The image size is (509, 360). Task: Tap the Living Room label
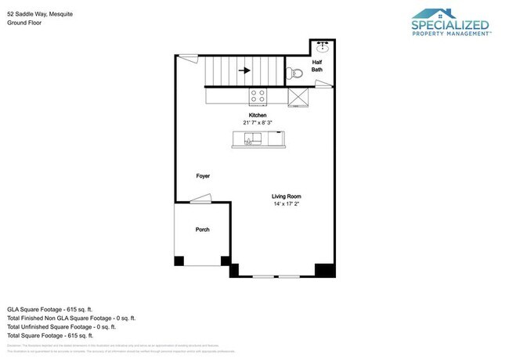click(287, 196)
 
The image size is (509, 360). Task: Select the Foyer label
click(203, 176)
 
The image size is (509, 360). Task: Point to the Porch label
click(202, 229)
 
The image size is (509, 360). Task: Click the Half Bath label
click(316, 66)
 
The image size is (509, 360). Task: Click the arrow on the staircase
click(244, 70)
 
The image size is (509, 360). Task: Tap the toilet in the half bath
click(294, 73)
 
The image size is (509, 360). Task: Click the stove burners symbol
click(257, 96)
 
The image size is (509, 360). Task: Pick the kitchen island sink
click(252, 139)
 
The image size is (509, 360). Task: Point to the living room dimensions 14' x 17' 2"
click(287, 204)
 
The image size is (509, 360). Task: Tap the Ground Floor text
click(25, 23)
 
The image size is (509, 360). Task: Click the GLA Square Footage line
click(50, 308)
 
